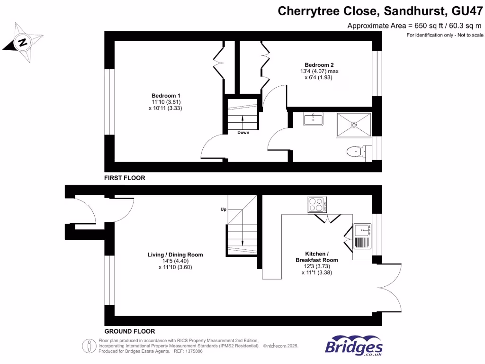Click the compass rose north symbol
(22, 43)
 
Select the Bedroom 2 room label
(316, 65)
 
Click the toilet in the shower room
(355, 151)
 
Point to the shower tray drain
(354, 125)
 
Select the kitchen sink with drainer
(362, 236)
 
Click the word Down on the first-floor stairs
(243, 133)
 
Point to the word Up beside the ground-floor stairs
(223, 209)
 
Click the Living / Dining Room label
(175, 255)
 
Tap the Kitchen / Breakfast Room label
(317, 257)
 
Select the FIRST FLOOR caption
(125, 178)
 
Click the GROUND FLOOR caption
(129, 331)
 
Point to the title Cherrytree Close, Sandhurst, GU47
(380, 11)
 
